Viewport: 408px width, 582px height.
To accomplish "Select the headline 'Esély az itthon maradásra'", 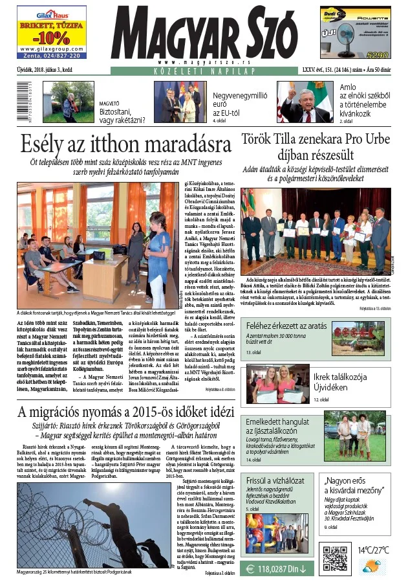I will point(125,142).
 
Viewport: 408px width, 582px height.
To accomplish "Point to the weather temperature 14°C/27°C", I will point(374,550).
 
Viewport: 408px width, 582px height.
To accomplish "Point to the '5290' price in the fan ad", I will point(378,55).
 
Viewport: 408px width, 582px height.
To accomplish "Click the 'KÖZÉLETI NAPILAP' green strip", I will point(203,69).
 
